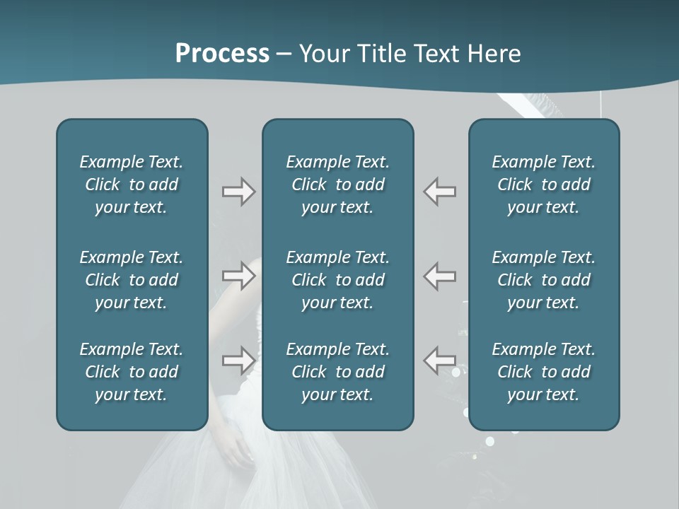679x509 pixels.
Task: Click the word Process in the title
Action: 222,54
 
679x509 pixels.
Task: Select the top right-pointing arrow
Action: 238,192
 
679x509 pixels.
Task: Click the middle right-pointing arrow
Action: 238,276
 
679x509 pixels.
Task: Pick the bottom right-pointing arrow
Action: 238,361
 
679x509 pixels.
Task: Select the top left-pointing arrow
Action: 440,192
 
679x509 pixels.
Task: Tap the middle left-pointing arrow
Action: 440,276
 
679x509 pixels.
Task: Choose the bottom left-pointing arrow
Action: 440,361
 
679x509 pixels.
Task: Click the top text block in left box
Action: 132,185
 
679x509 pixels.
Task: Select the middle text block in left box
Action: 132,280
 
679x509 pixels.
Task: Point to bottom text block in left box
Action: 132,372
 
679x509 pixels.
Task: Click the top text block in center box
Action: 337,185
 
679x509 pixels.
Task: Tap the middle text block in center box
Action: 337,280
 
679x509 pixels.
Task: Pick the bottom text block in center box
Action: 337,372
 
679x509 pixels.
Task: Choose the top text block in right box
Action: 543,185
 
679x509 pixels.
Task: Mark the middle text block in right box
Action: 543,280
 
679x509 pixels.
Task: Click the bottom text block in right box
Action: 543,372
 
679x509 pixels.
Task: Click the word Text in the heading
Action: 431,54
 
